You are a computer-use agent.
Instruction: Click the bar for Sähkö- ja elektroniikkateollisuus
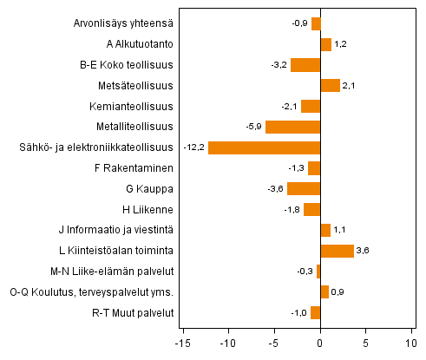[265, 147]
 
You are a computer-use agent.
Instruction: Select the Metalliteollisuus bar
[293, 127]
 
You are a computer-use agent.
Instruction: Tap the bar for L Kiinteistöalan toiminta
[338, 251]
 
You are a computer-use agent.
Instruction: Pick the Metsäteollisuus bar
[331, 85]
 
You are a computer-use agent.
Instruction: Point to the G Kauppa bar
[304, 189]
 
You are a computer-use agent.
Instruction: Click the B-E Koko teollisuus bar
[305, 65]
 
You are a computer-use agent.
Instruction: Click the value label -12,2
[193, 147]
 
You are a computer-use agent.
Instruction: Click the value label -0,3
[304, 272]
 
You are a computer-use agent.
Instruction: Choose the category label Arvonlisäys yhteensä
[124, 23]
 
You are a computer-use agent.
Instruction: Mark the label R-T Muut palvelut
[133, 312]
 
